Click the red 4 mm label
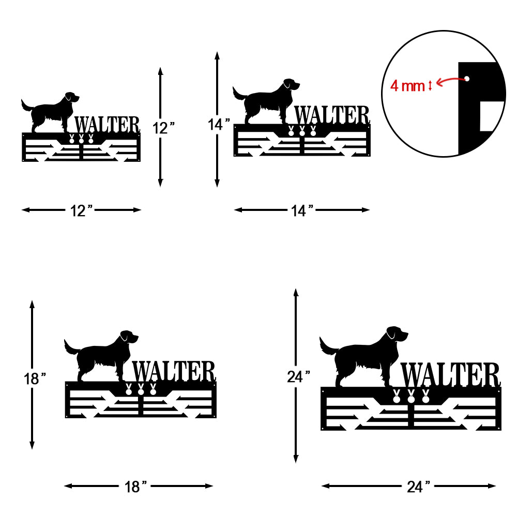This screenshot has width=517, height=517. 407,86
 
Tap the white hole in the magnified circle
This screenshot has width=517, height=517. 466,79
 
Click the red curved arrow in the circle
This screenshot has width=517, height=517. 450,81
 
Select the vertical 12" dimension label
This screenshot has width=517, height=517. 163,128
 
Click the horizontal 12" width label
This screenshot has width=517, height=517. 81,210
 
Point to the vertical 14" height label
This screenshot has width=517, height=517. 219,124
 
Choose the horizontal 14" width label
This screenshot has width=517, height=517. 301,210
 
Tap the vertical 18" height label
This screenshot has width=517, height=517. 35,379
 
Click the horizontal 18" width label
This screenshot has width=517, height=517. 135,486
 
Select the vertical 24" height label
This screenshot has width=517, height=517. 298,376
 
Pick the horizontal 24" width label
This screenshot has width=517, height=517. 418,486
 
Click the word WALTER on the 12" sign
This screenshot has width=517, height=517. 108,125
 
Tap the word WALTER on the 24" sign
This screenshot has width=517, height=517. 451,375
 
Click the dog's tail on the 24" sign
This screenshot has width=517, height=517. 328,346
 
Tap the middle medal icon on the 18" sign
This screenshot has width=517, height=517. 141,389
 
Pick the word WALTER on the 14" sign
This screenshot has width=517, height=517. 332,115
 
